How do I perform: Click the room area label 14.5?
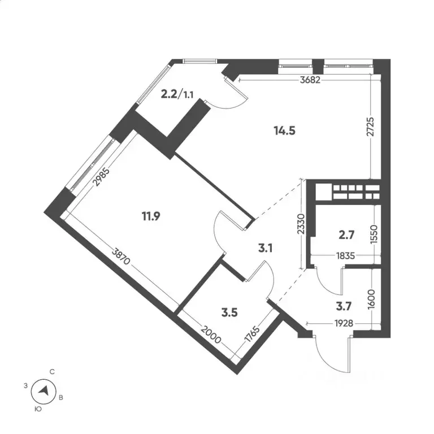point(285,131)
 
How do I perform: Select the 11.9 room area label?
point(151,216)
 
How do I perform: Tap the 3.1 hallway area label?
point(266,248)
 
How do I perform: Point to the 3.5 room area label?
point(229,313)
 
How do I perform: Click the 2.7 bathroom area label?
point(346,235)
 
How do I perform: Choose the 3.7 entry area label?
point(344,306)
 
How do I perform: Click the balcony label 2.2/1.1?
point(177,95)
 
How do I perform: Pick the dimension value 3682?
point(310,80)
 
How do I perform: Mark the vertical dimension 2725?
point(370,127)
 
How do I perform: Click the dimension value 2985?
point(101,177)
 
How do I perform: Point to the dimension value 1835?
point(345,255)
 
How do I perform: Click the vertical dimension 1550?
point(374,234)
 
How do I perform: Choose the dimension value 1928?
point(344,323)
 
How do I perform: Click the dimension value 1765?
point(252,335)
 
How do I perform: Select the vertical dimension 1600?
point(371,299)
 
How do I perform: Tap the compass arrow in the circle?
point(44,391)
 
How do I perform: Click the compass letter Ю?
point(38,409)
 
